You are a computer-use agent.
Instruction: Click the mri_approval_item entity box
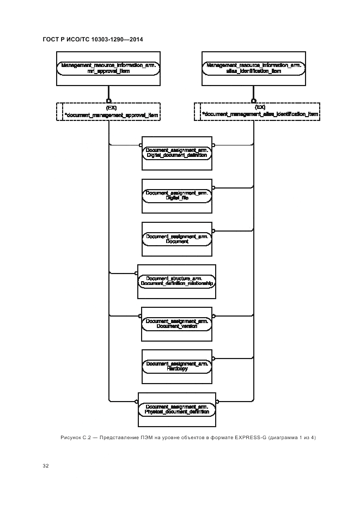109,68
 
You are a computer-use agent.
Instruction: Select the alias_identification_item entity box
253,68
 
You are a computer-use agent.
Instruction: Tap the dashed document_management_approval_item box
108,111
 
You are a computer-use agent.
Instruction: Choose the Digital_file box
177,195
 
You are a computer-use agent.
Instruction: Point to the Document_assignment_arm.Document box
177,238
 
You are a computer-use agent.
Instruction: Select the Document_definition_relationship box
177,281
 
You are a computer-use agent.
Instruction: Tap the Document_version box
177,324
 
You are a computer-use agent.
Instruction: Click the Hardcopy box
177,366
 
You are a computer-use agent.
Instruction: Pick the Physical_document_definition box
177,409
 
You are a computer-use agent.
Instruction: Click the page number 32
46,466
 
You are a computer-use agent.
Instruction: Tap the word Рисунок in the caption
70,438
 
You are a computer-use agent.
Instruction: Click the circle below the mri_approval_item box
109,100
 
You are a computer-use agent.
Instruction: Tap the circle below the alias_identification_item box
253,100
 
